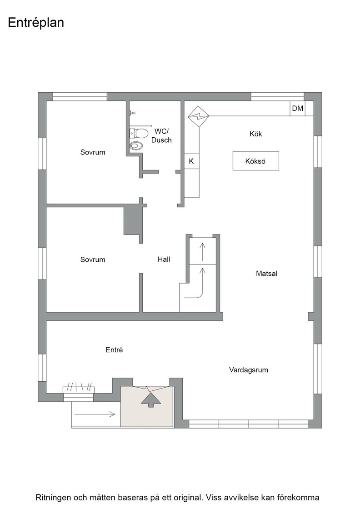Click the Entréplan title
click(x=36, y=23)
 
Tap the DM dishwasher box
click(x=298, y=109)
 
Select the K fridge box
click(x=191, y=161)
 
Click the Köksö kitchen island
click(x=256, y=161)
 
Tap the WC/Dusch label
click(x=162, y=136)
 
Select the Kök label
click(x=256, y=134)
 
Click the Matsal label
click(x=266, y=274)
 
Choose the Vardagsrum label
click(x=249, y=370)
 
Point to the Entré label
click(x=114, y=350)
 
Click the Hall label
click(x=164, y=259)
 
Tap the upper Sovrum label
click(x=93, y=152)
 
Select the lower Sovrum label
click(x=93, y=259)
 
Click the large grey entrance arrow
click(x=151, y=400)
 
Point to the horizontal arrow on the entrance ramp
click(x=95, y=414)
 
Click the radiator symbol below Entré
click(x=79, y=389)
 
